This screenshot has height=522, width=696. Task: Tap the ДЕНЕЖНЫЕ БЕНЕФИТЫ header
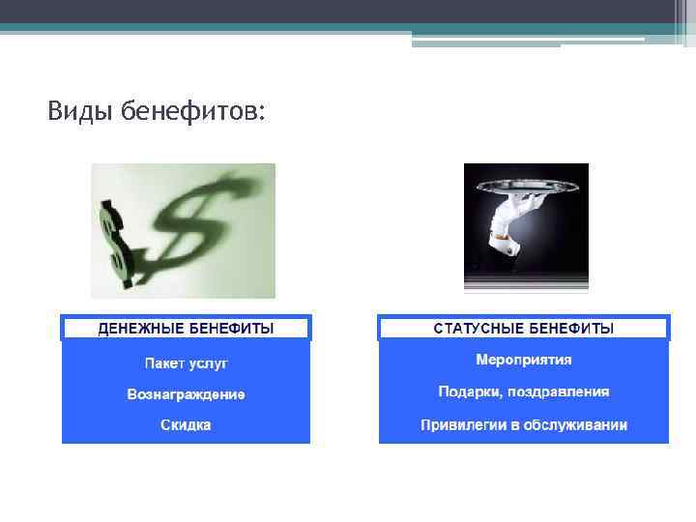[x=186, y=329]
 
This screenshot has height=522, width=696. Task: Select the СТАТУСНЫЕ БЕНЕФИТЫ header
[x=523, y=329]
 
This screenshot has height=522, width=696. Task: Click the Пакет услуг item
[x=186, y=364]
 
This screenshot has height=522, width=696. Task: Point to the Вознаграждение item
[x=186, y=394]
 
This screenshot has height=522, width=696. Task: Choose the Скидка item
[x=186, y=424]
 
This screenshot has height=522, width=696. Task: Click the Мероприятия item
[x=523, y=361]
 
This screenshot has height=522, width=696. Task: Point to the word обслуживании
[x=578, y=424]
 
